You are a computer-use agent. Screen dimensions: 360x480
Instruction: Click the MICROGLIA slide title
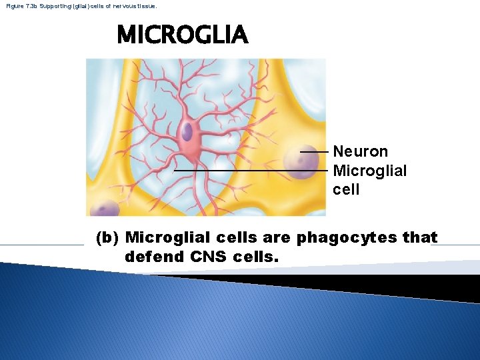click(x=182, y=35)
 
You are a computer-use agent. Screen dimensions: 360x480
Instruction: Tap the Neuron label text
click(x=360, y=152)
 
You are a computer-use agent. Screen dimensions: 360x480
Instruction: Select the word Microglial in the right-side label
click(x=369, y=171)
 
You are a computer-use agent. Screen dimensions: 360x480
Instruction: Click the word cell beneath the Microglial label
click(x=346, y=189)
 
